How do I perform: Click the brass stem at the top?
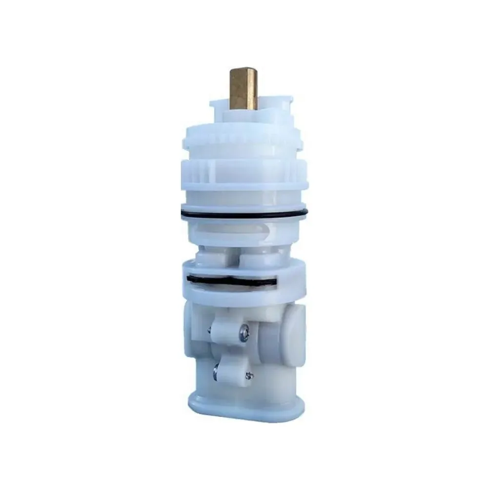point(243,90)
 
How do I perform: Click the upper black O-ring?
point(244,215)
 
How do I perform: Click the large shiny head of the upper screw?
point(244,334)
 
